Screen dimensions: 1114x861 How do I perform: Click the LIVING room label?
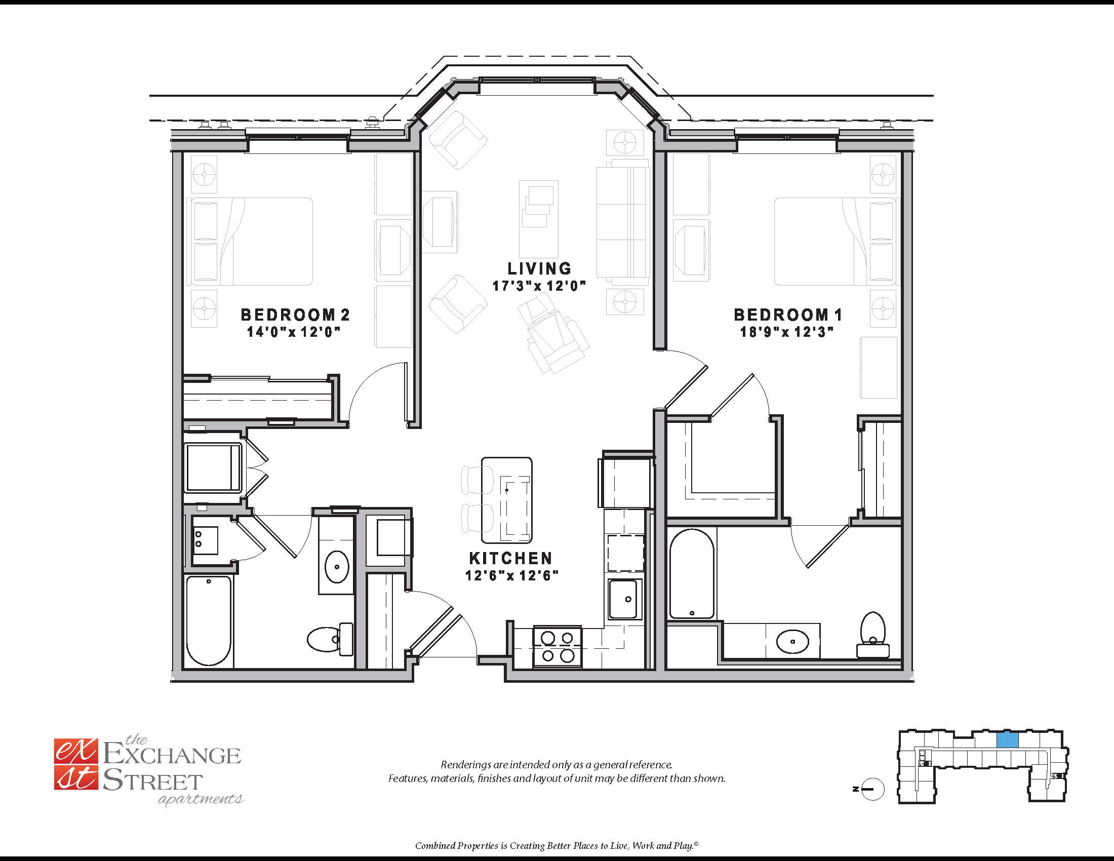tap(539, 268)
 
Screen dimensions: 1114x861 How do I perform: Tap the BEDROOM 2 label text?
tap(295, 315)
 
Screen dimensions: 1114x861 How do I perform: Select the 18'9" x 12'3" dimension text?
tap(787, 332)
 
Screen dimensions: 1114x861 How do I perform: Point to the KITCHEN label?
tap(510, 558)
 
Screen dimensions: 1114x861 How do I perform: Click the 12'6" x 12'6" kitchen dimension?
tap(511, 575)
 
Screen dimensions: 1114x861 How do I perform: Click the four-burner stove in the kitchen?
tap(558, 646)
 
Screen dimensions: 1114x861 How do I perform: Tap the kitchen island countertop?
tap(506, 500)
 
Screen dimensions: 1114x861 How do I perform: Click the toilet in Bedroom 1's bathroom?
tap(873, 635)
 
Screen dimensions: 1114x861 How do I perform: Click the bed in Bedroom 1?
tap(835, 241)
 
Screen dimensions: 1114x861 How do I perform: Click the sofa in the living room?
tap(623, 221)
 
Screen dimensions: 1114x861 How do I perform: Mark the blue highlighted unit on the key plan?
tap(1007, 740)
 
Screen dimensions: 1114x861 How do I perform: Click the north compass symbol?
tap(871, 790)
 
